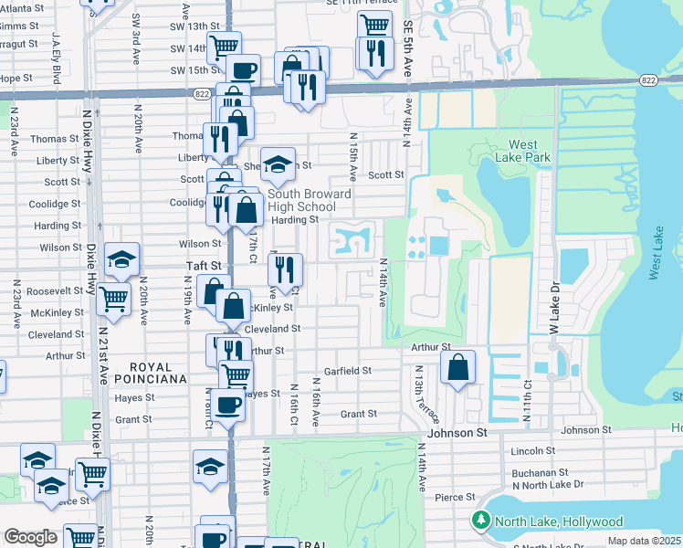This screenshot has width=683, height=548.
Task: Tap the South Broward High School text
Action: [310, 201]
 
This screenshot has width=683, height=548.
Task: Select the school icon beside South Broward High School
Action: [278, 164]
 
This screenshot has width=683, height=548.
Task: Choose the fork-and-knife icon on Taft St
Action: [286, 269]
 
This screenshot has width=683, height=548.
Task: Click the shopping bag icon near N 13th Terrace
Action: [458, 367]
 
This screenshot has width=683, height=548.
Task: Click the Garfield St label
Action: [348, 371]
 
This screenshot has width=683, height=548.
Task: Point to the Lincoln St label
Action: [533, 451]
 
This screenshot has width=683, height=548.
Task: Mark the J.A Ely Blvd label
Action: [57, 66]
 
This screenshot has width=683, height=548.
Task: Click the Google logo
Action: [30, 538]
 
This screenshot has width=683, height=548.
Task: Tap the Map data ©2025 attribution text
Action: [643, 541]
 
